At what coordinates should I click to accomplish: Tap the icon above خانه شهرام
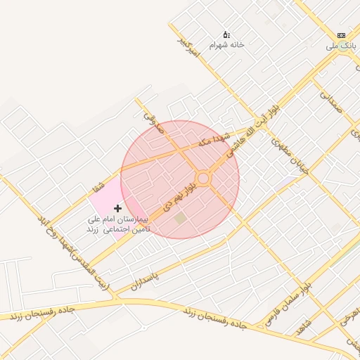(226, 34)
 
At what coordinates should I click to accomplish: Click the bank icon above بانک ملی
(341, 35)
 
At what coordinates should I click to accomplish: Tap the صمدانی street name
(330, 100)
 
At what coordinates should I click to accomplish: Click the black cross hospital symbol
(117, 208)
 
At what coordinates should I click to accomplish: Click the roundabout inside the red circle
(203, 179)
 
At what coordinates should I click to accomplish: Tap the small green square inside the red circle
(181, 219)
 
